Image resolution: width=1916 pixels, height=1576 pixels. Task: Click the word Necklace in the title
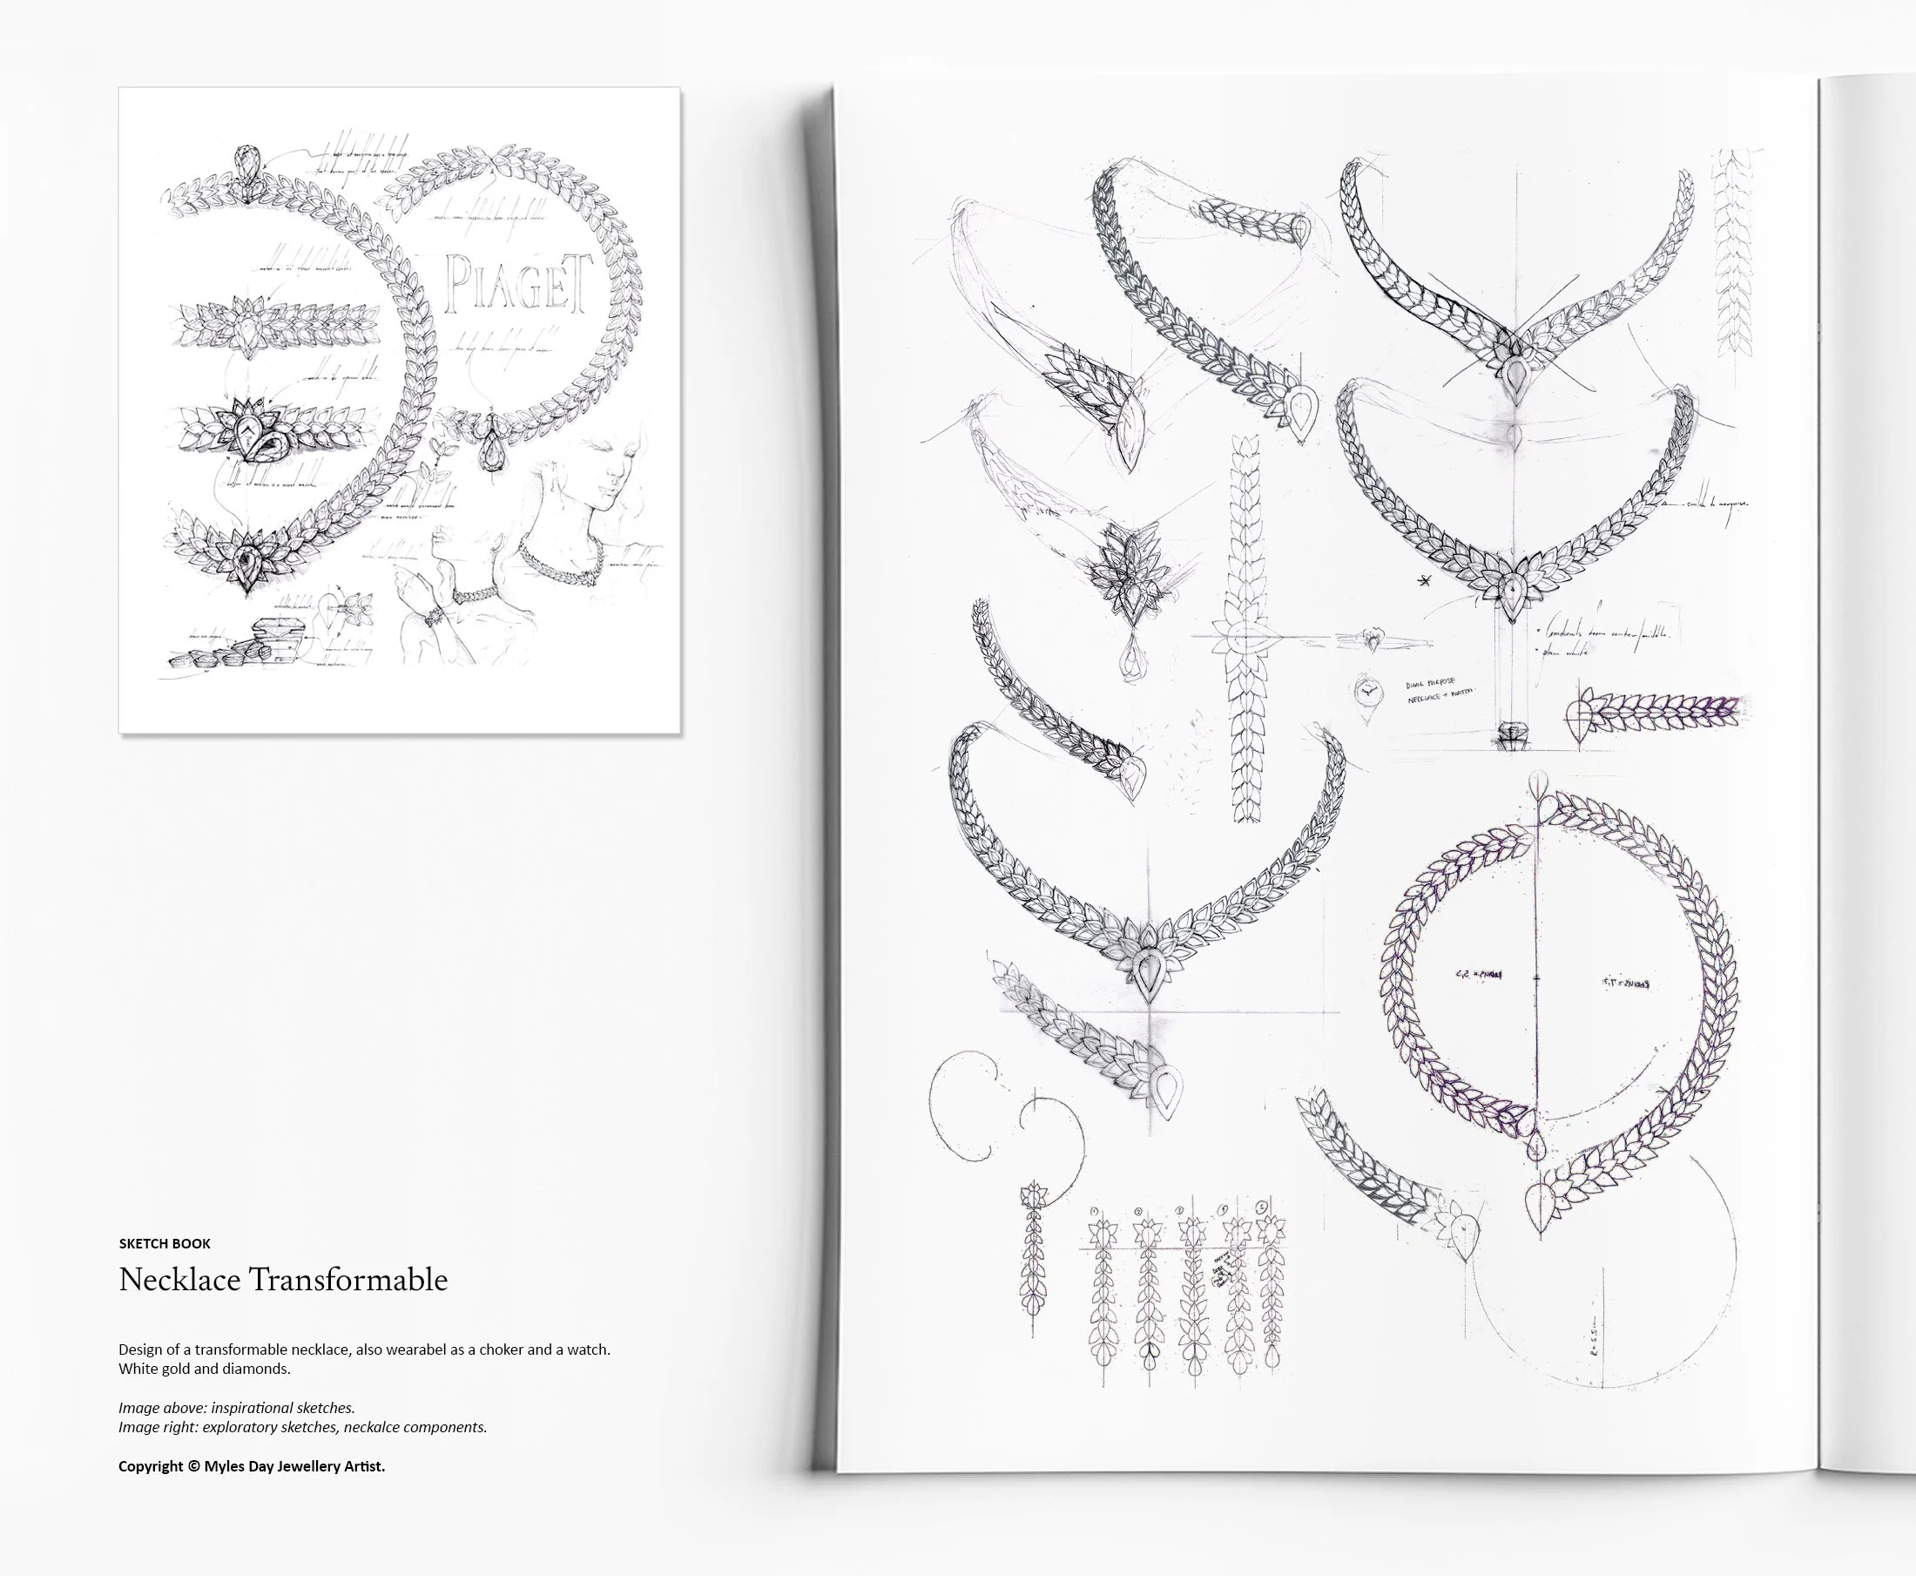(x=179, y=1280)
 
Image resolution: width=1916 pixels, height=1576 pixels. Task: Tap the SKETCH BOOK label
(x=165, y=1244)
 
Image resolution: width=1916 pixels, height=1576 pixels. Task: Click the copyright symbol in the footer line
(x=193, y=1466)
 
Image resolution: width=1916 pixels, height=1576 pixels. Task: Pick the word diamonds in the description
(x=260, y=1369)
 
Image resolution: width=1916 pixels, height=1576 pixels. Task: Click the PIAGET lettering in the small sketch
(x=518, y=283)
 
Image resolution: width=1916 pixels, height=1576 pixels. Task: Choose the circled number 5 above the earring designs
(x=1262, y=1208)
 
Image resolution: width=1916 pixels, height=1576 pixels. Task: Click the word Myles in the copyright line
(x=224, y=1466)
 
